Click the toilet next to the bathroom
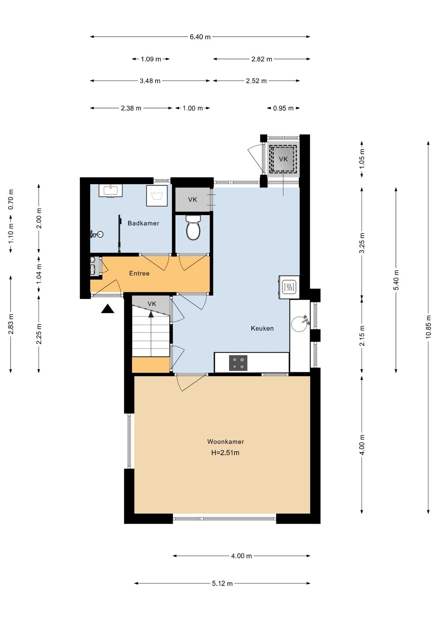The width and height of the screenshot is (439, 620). [193, 227]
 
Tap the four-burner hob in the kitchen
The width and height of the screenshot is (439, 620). [238, 363]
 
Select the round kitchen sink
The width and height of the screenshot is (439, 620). [299, 324]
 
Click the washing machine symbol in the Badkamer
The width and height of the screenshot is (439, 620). [157, 196]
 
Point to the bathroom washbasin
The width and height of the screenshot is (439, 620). [111, 191]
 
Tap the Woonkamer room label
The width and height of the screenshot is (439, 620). [226, 441]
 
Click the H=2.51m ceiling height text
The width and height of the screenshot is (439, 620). [225, 453]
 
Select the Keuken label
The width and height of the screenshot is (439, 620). [262, 328]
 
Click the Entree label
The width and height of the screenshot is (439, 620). [139, 274]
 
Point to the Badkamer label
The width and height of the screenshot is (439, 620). [144, 223]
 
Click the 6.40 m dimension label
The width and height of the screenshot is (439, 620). [200, 37]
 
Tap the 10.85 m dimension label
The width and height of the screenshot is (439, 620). [428, 326]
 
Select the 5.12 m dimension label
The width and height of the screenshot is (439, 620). [222, 584]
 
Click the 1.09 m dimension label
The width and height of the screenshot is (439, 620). [151, 59]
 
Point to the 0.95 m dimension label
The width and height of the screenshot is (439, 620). [283, 108]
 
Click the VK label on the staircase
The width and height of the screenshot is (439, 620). [152, 304]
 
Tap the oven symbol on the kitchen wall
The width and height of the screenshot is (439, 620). [289, 287]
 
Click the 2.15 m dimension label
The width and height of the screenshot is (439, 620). [362, 336]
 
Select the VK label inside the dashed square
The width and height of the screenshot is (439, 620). [284, 159]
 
